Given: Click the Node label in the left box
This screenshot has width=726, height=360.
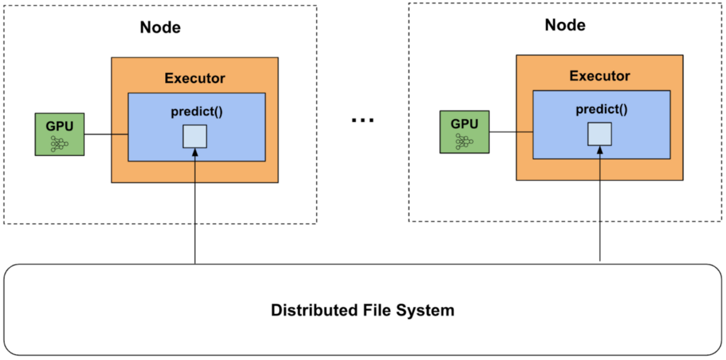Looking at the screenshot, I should click(160, 28).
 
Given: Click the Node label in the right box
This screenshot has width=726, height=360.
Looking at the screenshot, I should click(565, 25).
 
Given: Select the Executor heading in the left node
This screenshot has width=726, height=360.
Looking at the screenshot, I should click(195, 78).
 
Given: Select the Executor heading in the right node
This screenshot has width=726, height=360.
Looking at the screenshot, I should click(600, 76).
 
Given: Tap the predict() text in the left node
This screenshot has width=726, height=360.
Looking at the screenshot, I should click(195, 111).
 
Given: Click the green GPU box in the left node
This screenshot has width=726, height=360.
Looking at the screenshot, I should click(60, 134).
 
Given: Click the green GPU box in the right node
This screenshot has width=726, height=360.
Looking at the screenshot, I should click(464, 132).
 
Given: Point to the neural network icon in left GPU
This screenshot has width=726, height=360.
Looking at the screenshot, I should click(60, 144).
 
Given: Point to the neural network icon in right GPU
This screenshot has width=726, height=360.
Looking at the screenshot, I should click(464, 142).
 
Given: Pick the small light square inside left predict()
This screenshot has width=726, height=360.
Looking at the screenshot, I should click(195, 136).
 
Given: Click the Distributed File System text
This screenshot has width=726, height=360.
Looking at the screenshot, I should click(362, 310).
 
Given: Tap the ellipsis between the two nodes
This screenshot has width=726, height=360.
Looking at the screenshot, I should click(362, 120).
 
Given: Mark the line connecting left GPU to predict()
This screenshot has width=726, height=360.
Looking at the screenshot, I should click(106, 135).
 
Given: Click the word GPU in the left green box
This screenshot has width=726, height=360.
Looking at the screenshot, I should click(60, 126).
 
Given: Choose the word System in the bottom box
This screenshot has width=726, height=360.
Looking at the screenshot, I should click(427, 310).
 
